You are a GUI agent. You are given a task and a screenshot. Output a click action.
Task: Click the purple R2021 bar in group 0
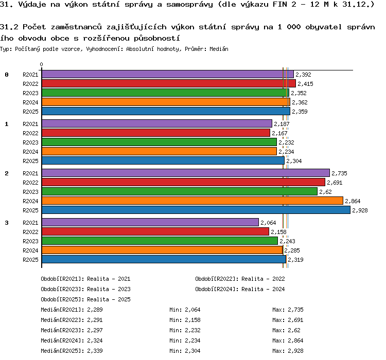click(168, 74)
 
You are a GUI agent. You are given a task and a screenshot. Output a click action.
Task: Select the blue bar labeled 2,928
click(196, 210)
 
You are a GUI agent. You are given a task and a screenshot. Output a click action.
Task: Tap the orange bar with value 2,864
click(192, 201)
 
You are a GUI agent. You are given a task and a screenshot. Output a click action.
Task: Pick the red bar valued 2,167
click(156, 133)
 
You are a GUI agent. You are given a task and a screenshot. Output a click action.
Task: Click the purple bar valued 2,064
click(150, 223)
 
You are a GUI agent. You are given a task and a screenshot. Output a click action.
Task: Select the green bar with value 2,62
click(180, 191)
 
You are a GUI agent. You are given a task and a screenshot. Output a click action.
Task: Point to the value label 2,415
click(305, 84)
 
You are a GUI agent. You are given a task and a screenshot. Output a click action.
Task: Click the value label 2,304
click(294, 161)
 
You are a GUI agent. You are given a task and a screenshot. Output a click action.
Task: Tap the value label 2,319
click(295, 260)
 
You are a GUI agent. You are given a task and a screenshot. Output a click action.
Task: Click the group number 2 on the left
click(7, 173)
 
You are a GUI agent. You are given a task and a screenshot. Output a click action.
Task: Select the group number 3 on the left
click(7, 223)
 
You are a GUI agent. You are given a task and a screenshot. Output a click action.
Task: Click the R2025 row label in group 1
click(30, 161)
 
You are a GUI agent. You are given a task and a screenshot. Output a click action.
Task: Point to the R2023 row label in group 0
click(30, 93)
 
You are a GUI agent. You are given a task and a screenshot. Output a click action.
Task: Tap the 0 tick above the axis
click(41, 64)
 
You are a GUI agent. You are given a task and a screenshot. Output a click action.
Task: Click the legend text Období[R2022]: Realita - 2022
click(240, 279)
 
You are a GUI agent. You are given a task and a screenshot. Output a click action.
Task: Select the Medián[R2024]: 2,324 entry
click(72, 340)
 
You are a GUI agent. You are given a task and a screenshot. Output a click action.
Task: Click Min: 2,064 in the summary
click(185, 310)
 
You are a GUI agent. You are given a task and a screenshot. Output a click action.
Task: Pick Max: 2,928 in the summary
click(288, 351)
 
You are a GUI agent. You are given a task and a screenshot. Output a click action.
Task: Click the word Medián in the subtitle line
click(219, 49)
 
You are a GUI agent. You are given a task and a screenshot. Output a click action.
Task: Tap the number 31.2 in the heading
click(9, 27)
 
